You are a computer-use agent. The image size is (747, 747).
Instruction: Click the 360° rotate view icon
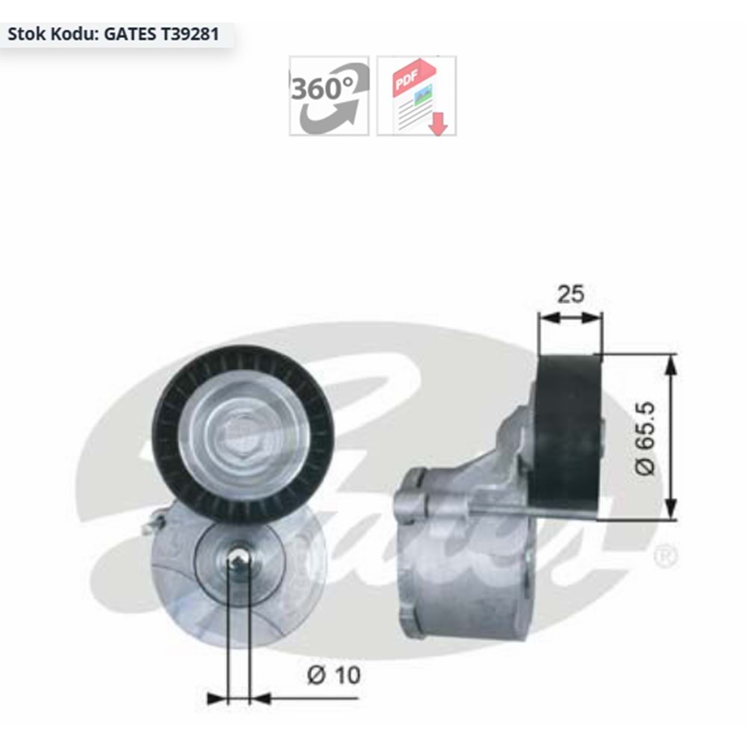point(329,96)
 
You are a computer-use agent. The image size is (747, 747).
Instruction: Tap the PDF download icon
point(416,96)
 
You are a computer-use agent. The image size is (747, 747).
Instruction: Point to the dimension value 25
point(571,294)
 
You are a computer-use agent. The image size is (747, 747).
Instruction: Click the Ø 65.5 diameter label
point(646,438)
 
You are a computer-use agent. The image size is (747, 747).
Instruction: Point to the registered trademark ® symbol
point(665,557)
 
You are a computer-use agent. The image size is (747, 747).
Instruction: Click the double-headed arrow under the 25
point(571,317)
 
